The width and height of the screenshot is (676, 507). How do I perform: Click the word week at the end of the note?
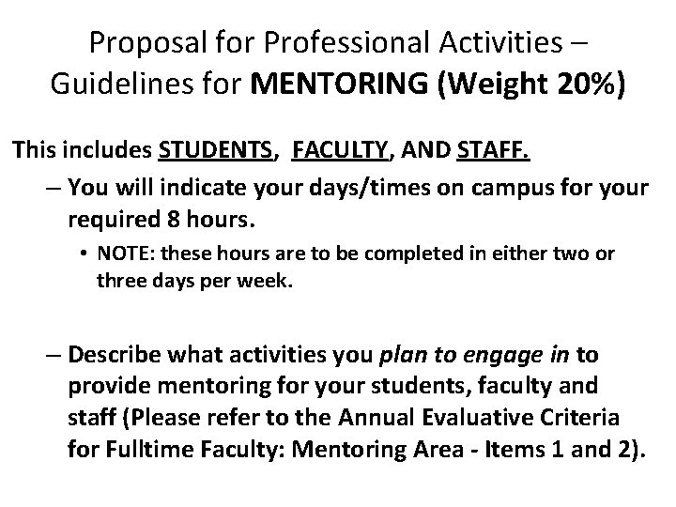[x=269, y=280]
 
